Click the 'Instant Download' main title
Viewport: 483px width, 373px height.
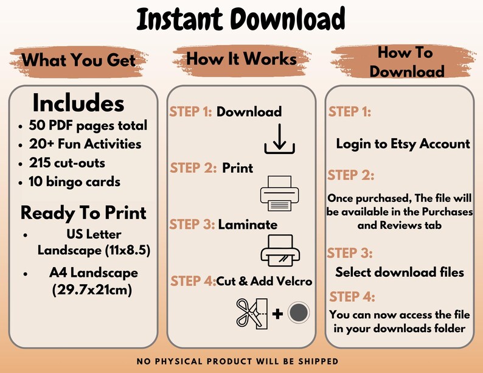point(241,19)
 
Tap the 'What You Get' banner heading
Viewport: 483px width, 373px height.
point(78,60)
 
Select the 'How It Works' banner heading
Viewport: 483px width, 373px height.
point(241,58)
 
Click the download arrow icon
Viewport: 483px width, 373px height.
point(279,139)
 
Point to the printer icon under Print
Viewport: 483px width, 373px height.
point(279,193)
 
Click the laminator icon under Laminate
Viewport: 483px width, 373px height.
point(280,251)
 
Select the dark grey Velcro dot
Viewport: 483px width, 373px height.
point(299,312)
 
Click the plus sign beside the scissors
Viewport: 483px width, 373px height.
point(277,314)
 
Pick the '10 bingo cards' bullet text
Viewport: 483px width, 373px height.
point(75,182)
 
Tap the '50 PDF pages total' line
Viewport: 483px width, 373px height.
point(88,125)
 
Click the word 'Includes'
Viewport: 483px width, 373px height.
point(78,103)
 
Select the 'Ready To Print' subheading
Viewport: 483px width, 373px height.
point(83,213)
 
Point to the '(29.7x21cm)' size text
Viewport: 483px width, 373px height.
point(92,290)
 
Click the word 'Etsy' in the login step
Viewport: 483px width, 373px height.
point(403,144)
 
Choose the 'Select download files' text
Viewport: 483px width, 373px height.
point(400,272)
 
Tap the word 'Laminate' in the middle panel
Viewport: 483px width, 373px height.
point(248,225)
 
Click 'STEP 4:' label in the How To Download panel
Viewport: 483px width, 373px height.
point(352,296)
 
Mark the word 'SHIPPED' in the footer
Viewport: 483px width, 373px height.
point(318,361)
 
